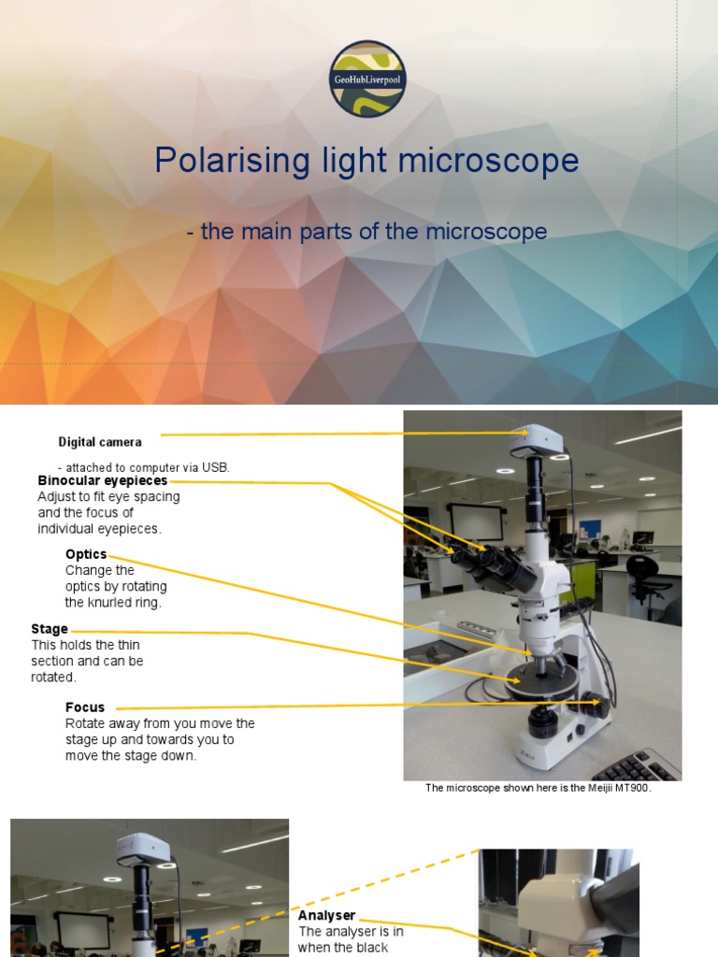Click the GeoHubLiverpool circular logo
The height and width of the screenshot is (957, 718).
367,79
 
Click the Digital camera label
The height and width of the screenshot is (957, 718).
100,442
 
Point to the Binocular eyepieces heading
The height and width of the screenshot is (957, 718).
103,481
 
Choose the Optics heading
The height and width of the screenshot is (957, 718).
86,554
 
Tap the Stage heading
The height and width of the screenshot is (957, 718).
50,630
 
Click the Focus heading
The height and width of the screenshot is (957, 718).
85,707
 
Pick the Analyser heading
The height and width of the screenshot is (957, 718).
327,916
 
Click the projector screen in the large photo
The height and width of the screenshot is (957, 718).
476,522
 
